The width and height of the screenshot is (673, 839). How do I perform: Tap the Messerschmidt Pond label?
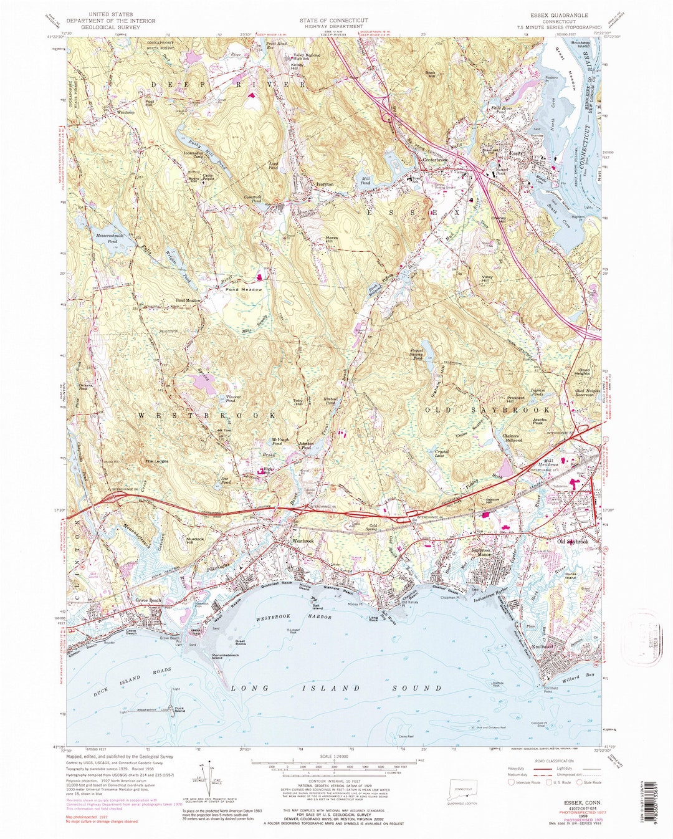(103, 228)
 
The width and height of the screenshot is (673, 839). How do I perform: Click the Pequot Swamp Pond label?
(418, 354)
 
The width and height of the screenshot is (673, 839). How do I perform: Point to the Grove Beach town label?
(148, 601)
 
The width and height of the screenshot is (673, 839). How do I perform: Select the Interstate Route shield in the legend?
(512, 782)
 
